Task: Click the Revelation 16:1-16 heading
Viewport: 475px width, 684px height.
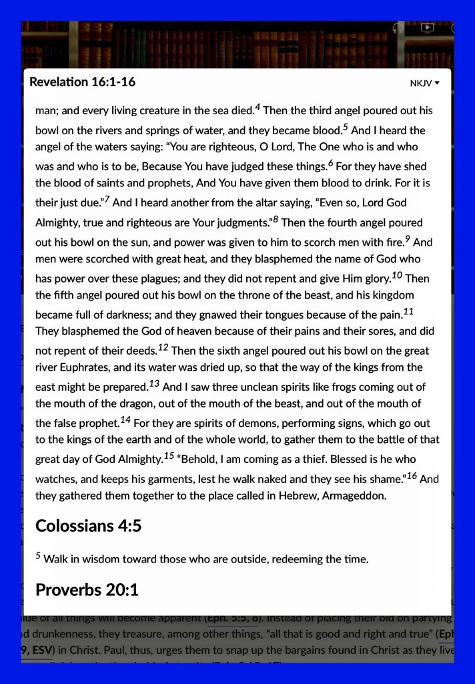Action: pos(83,82)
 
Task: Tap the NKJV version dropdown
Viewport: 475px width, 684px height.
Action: pos(425,83)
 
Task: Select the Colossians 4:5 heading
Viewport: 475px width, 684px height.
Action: pos(88,526)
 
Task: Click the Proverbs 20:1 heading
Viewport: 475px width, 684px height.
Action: pos(87,590)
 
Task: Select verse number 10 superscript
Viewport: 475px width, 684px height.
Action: pos(396,274)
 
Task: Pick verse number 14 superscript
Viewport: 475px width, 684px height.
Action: pos(125,419)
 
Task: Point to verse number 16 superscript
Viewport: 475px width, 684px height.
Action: pos(412,475)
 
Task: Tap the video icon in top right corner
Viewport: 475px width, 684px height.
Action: pos(428,28)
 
